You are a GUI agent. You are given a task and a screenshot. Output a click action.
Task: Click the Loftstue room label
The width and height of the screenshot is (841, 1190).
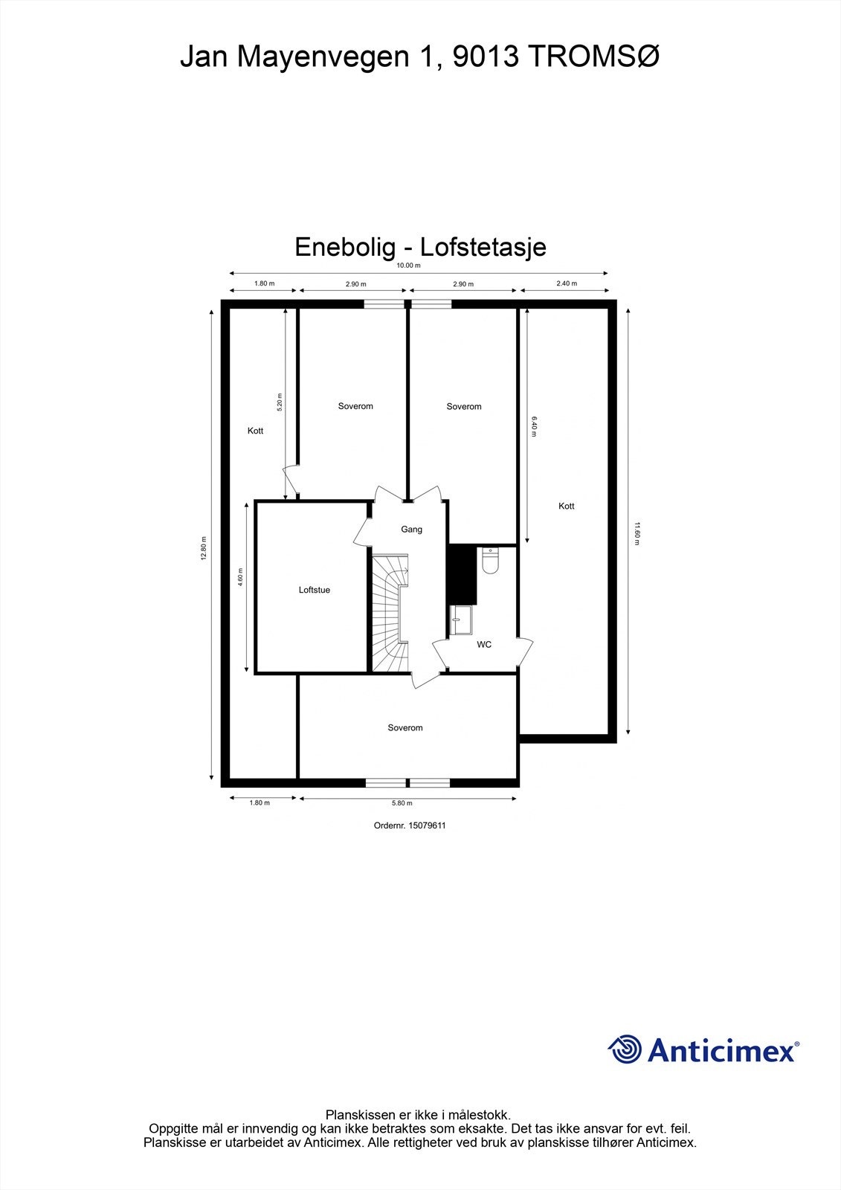tap(314, 590)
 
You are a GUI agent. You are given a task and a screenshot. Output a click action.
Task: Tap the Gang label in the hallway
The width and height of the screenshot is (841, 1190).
tap(411, 530)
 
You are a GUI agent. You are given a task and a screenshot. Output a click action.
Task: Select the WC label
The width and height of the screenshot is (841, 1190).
tap(484, 645)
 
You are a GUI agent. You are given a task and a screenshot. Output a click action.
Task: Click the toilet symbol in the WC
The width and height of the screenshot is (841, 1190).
tap(489, 562)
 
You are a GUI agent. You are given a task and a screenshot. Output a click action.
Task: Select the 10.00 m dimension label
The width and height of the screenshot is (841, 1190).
tap(408, 266)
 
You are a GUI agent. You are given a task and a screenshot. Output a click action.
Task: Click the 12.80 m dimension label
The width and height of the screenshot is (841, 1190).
tap(204, 548)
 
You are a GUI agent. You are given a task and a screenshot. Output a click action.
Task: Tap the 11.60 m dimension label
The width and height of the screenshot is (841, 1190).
tap(637, 533)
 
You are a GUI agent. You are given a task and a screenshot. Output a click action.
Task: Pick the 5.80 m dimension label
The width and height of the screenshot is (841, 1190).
tap(402, 803)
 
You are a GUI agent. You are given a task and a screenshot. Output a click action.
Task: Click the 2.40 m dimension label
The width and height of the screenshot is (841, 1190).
tap(567, 283)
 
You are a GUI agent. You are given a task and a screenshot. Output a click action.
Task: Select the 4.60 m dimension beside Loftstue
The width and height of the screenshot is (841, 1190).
tap(240, 577)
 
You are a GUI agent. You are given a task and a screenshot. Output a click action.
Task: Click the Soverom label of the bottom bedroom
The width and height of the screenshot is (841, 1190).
tap(405, 728)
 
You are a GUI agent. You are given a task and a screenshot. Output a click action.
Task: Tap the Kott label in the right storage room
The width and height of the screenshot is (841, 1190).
tap(567, 506)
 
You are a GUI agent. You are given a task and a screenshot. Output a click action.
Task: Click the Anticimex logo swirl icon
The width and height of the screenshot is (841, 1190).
tap(625, 1049)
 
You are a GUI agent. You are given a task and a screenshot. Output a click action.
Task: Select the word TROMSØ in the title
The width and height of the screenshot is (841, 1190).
tap(593, 57)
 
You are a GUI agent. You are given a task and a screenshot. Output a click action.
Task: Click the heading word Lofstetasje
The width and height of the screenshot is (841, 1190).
tap(483, 247)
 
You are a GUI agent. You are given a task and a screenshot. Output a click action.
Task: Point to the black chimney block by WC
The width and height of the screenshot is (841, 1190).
tap(462, 574)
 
